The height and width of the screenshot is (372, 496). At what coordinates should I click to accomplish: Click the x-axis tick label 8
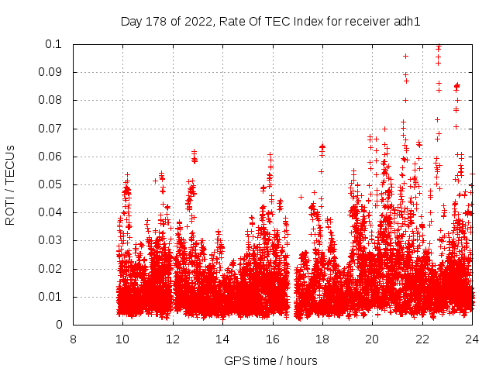(x=73, y=339)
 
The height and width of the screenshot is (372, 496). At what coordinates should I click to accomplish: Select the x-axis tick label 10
(x=122, y=339)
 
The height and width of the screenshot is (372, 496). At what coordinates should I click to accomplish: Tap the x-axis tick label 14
(x=222, y=339)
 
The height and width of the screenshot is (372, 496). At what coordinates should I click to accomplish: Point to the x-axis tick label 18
(x=322, y=339)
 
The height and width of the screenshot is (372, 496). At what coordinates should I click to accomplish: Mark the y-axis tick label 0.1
(x=55, y=44)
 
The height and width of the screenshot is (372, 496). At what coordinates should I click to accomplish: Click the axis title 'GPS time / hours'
(x=270, y=360)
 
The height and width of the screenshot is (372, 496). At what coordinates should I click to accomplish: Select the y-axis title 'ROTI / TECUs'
(x=10, y=184)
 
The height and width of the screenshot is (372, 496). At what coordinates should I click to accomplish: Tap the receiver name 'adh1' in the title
(x=407, y=21)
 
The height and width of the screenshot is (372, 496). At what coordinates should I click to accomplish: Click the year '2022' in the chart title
(x=198, y=21)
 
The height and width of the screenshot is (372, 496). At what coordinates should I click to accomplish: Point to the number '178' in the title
(x=157, y=21)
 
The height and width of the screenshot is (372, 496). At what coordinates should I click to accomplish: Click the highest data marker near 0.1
(x=439, y=46)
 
